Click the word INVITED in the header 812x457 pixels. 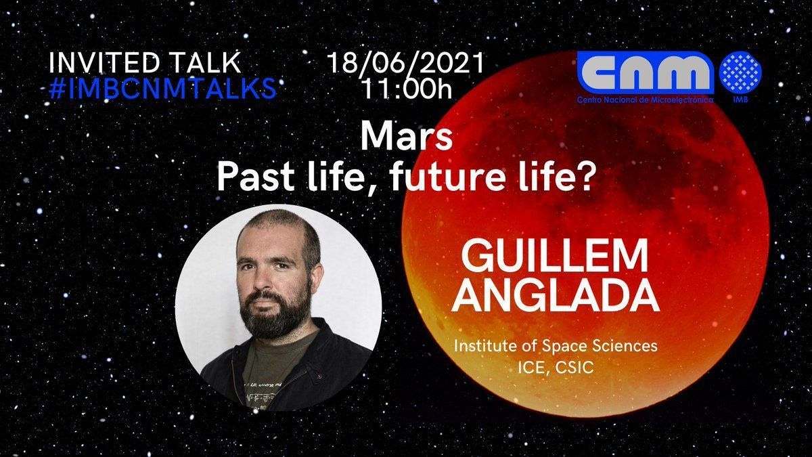tap(104, 63)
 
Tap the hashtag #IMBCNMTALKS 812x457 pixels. tap(162, 88)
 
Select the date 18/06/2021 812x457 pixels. tap(405, 63)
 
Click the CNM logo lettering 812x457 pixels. tap(646, 73)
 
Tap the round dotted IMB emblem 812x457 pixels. tap(740, 72)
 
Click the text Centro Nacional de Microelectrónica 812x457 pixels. tap(646, 100)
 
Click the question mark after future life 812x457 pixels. tap(585, 177)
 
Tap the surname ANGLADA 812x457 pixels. tap(555, 295)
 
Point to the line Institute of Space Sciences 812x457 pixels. tap(556, 346)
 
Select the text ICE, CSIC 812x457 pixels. tap(556, 368)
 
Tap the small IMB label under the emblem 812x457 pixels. tap(740, 99)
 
